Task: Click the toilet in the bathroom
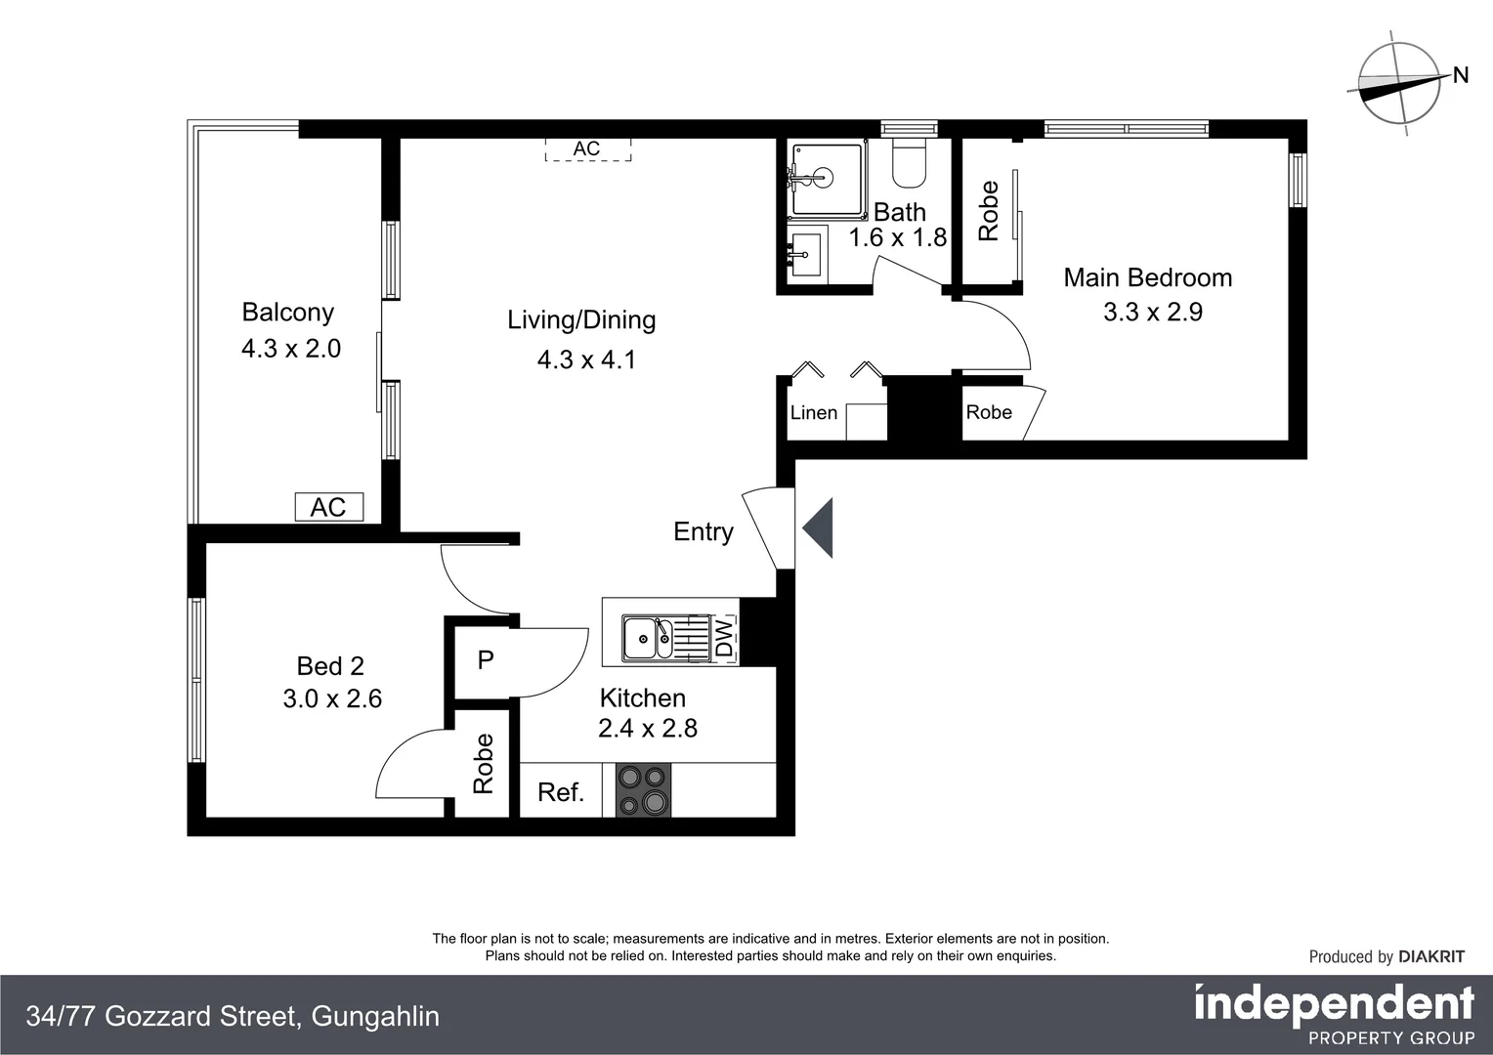tap(909, 162)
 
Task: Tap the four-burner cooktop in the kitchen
tap(643, 789)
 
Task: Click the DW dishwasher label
tap(724, 639)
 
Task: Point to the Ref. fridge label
tap(561, 792)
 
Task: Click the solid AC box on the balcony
tap(329, 507)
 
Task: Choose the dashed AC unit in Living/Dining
tap(588, 148)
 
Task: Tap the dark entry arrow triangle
tap(818, 527)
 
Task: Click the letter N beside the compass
tap(1461, 75)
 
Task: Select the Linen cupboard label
tap(813, 412)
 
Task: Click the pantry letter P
tap(486, 659)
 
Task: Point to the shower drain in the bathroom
tap(824, 177)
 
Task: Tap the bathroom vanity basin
tap(806, 254)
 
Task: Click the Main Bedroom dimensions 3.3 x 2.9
tap(1153, 312)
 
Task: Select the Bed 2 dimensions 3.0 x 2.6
tap(332, 698)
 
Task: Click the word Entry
tap(704, 531)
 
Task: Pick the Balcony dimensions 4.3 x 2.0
tap(291, 348)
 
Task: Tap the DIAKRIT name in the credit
tap(1431, 956)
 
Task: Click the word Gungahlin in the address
tap(375, 1016)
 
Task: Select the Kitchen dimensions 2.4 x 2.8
tap(648, 728)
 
